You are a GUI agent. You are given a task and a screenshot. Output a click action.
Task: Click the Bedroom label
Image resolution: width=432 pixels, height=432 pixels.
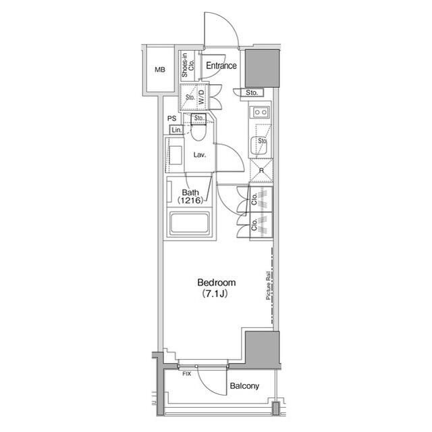coord(217,283)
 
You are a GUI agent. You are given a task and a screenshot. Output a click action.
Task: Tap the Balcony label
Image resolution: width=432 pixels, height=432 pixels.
coord(244,386)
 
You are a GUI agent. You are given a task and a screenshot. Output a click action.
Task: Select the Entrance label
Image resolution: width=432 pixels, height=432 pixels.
coord(221,66)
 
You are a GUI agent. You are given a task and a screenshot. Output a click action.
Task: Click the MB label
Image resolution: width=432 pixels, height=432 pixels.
coord(160,70)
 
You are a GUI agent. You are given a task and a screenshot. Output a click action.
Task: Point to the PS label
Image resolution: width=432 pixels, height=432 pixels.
coord(172,118)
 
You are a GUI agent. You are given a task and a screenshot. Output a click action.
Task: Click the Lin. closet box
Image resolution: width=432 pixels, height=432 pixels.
coord(177,130)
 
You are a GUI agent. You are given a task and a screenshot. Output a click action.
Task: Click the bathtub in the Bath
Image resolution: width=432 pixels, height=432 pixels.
coord(189,223)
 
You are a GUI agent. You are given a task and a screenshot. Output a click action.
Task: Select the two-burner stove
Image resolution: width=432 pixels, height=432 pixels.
coord(260,112)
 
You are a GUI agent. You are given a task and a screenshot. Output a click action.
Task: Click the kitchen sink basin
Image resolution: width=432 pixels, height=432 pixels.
coord(259,146)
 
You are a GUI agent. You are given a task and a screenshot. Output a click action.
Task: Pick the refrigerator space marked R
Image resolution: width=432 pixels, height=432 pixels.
coord(261,170)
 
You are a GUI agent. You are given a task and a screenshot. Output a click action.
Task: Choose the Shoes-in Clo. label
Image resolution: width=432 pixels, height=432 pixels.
coord(188,65)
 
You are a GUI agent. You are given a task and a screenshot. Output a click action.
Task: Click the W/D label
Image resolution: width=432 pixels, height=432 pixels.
coord(202,97)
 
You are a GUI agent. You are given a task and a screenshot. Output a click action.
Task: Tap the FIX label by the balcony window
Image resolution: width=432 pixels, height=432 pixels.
coord(186,374)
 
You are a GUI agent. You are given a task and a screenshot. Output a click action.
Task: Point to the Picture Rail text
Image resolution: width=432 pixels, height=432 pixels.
coord(268,286)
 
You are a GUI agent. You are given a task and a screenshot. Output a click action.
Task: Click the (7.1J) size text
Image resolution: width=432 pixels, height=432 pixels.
coord(215,294)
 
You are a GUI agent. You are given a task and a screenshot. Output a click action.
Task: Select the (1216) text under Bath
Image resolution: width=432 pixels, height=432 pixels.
coord(190,200)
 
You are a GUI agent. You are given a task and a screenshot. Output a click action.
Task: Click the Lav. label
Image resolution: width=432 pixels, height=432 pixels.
coord(200,155)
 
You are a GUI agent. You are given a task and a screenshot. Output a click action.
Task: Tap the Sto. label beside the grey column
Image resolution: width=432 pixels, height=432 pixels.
coord(251,93)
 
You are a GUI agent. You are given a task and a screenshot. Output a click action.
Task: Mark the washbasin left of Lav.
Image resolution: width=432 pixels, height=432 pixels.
coord(175,155)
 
